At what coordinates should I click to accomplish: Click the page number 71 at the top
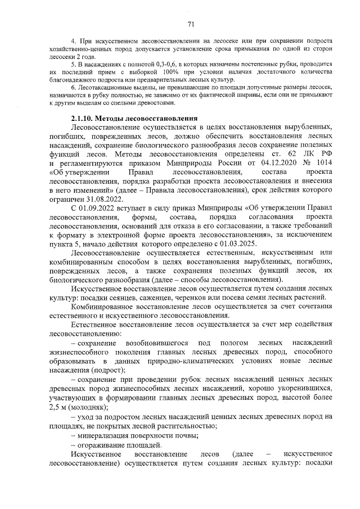pyautogui.click(x=190, y=24)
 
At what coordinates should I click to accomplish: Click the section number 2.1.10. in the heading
pyautogui.click(x=83, y=119)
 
